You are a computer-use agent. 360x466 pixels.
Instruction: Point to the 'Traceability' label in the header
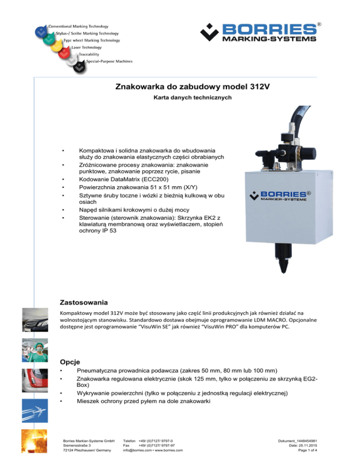point(89,54)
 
